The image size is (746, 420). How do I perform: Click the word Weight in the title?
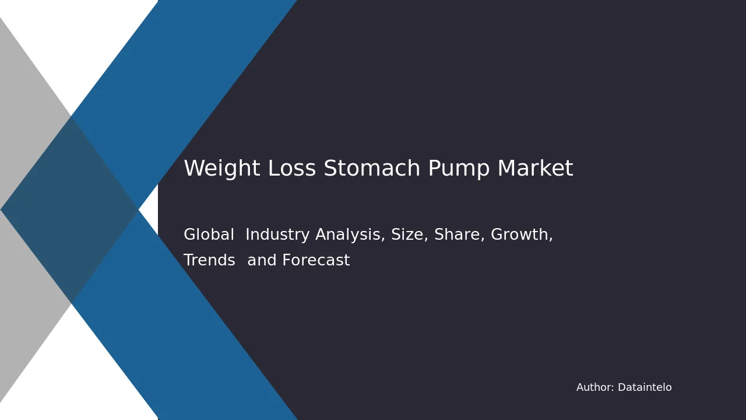click(222, 169)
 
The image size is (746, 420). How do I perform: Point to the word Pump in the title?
click(459, 169)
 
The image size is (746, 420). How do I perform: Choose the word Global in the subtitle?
click(209, 234)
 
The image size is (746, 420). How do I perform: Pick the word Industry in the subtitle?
click(277, 235)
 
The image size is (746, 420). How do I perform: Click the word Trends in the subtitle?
click(209, 260)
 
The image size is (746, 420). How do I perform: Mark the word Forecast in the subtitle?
click(316, 260)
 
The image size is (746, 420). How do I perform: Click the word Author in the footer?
click(594, 387)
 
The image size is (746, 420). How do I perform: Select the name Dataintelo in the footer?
click(645, 387)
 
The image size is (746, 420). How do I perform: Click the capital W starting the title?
click(194, 167)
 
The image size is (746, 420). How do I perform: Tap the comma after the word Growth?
click(551, 239)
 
